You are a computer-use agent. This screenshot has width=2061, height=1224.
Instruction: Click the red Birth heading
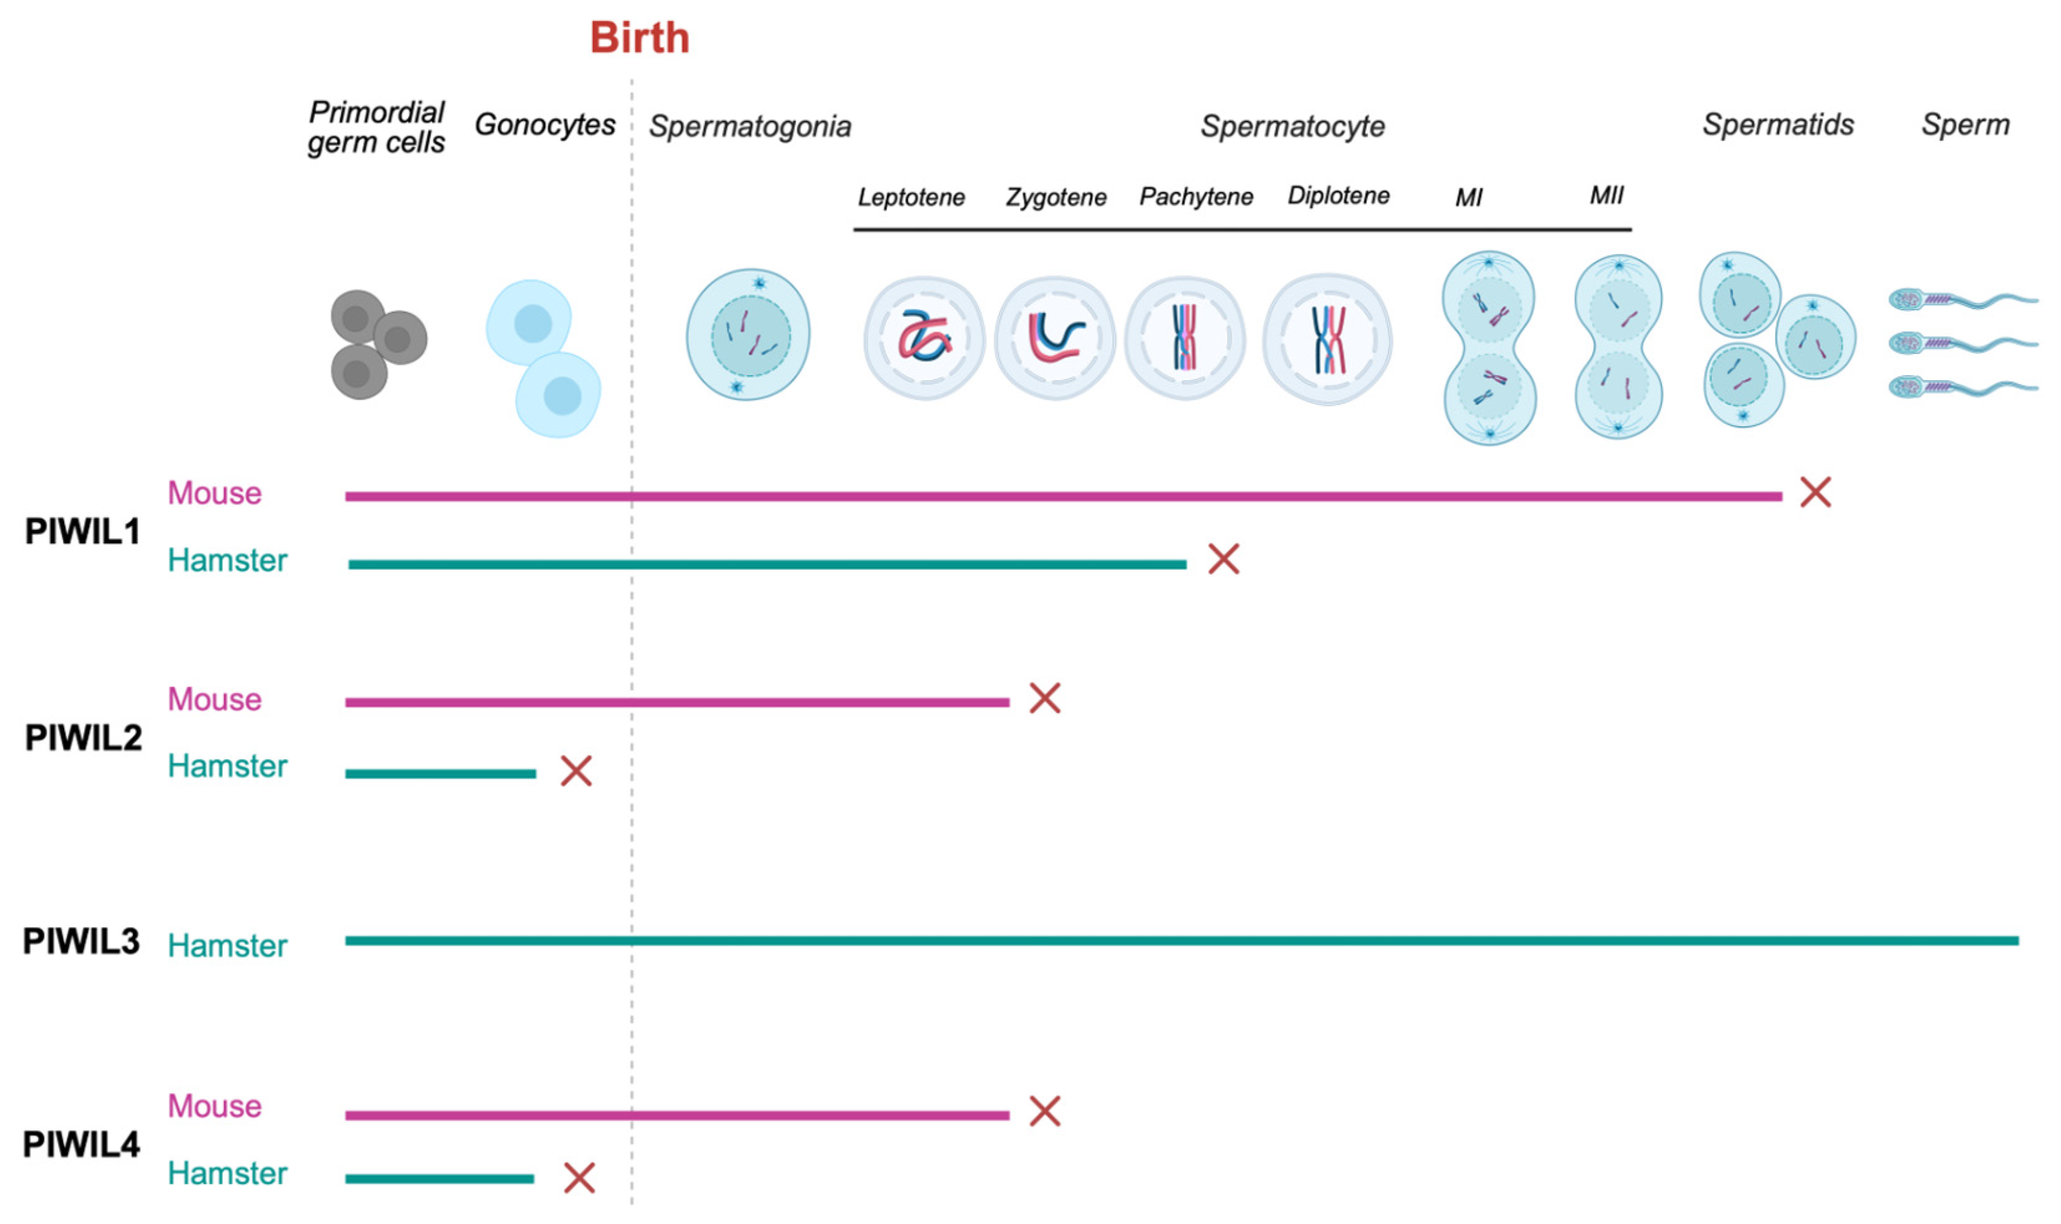pos(640,38)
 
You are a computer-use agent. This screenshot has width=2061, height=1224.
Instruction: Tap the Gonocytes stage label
pos(545,125)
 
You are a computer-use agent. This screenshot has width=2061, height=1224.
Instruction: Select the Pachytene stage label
pos(1196,196)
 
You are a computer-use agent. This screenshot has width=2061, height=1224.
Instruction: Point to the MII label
pos(1606,196)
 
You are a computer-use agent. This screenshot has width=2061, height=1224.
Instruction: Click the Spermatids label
pos(1778,125)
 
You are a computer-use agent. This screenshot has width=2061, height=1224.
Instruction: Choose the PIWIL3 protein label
pos(81,941)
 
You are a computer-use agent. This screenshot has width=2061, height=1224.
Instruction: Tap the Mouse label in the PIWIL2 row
pos(214,699)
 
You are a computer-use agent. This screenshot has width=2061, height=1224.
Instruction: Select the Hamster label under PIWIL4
pos(227,1173)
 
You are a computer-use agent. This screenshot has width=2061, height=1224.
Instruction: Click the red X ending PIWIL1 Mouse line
pos(1816,492)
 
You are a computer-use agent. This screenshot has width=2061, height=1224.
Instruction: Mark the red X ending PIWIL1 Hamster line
pos(1224,559)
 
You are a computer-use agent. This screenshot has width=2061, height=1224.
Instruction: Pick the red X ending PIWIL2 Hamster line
pos(576,771)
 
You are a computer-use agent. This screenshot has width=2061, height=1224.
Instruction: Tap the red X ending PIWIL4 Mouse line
pos(1044,1111)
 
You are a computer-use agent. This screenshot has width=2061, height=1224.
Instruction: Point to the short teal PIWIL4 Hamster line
pos(439,1179)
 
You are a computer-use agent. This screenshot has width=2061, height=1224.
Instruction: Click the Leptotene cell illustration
pos(924,338)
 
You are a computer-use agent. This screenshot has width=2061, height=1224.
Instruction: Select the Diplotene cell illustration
pos(1326,339)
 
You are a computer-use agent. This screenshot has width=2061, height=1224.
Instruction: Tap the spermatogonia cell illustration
pos(748,334)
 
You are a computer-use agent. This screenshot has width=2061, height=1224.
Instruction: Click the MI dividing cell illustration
pos(1489,347)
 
